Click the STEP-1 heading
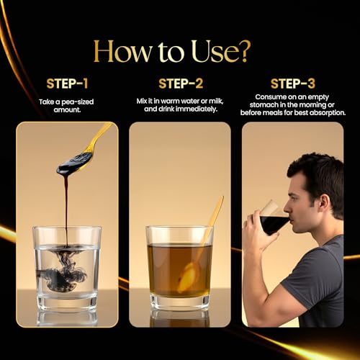67,84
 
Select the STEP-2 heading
181,84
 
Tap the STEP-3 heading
292,84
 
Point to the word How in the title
122,51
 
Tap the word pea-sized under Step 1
78,102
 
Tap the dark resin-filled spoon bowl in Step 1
74,163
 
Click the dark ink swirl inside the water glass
63,271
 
